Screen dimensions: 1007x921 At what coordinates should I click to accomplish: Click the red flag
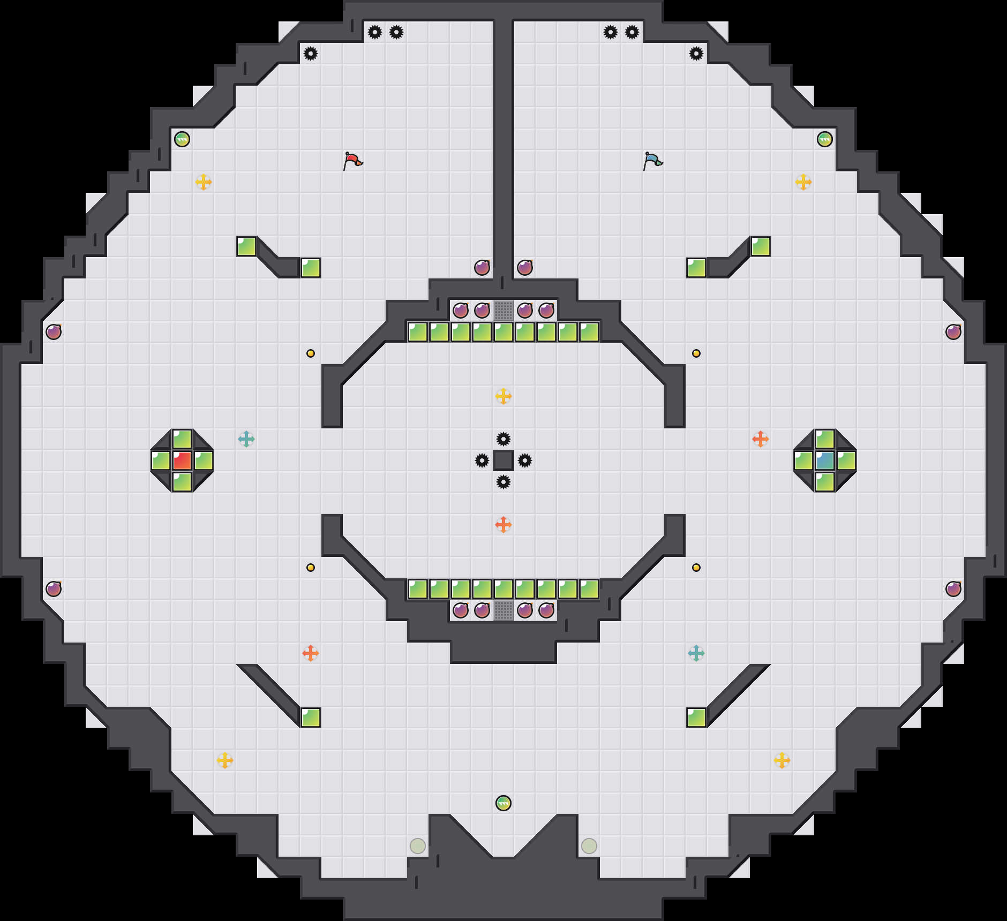[x=352, y=160]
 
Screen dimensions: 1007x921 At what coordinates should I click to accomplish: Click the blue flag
[x=652, y=160]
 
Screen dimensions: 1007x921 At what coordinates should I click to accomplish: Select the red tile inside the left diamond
[x=182, y=460]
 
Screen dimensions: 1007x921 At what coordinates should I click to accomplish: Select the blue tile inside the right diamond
[x=825, y=460]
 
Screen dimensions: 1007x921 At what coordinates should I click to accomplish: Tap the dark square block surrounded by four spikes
[x=503, y=460]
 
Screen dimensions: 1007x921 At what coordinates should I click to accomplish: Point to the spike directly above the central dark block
[x=503, y=439]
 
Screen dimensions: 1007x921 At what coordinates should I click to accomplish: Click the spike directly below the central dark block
[x=503, y=482]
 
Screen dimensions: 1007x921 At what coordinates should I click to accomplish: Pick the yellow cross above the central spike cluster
[x=503, y=396]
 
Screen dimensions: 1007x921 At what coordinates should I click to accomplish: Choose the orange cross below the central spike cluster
[x=503, y=525]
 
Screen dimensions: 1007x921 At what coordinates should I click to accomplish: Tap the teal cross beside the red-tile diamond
[x=246, y=439]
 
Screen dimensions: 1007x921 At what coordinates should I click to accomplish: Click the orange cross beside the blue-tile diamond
[x=761, y=439]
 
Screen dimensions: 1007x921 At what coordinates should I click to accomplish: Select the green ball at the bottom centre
[x=503, y=803]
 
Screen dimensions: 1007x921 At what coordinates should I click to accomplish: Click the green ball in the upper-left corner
[x=182, y=139]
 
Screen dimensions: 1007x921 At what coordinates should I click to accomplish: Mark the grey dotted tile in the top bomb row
[x=503, y=311]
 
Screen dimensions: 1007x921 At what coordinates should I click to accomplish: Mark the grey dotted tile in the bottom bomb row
[x=503, y=610]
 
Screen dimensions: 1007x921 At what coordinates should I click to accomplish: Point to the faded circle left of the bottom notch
[x=418, y=846]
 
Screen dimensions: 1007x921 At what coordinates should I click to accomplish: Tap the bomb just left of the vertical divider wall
[x=482, y=268]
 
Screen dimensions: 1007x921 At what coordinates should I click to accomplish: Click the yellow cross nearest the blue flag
[x=803, y=182]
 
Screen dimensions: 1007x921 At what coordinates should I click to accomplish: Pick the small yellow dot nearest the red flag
[x=311, y=353]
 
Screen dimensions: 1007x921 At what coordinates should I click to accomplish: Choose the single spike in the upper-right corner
[x=696, y=54]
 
